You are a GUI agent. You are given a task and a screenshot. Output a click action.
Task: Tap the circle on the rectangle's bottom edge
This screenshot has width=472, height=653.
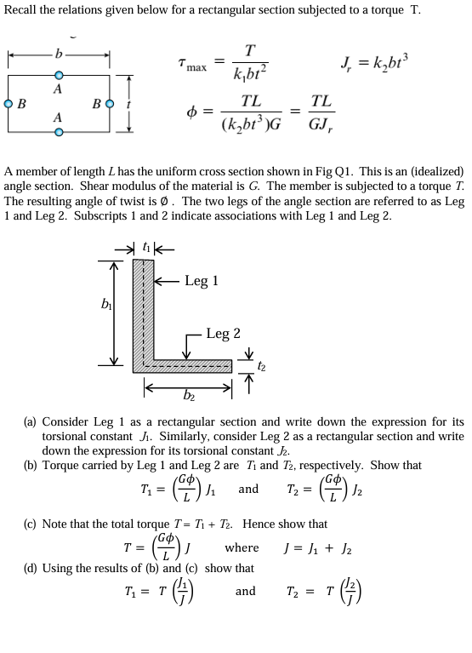point(58,133)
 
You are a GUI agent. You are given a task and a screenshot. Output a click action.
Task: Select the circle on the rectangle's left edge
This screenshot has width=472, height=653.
point(8,105)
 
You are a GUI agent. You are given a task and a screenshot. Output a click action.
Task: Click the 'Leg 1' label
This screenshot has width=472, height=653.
point(202,281)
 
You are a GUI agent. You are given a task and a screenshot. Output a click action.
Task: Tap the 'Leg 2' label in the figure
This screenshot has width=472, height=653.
point(224,334)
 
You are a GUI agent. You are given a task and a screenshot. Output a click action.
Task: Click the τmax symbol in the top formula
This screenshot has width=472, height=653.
point(192,62)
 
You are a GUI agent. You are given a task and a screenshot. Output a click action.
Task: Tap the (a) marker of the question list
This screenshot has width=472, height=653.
point(30,421)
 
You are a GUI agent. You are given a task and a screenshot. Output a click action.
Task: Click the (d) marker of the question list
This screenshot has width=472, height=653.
point(30,568)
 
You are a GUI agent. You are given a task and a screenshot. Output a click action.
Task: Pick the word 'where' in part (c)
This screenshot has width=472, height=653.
point(242,547)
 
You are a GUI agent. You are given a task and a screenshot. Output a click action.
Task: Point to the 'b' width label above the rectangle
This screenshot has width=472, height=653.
point(58,54)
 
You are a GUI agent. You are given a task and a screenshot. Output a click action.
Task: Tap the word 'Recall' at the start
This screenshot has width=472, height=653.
point(23,10)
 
